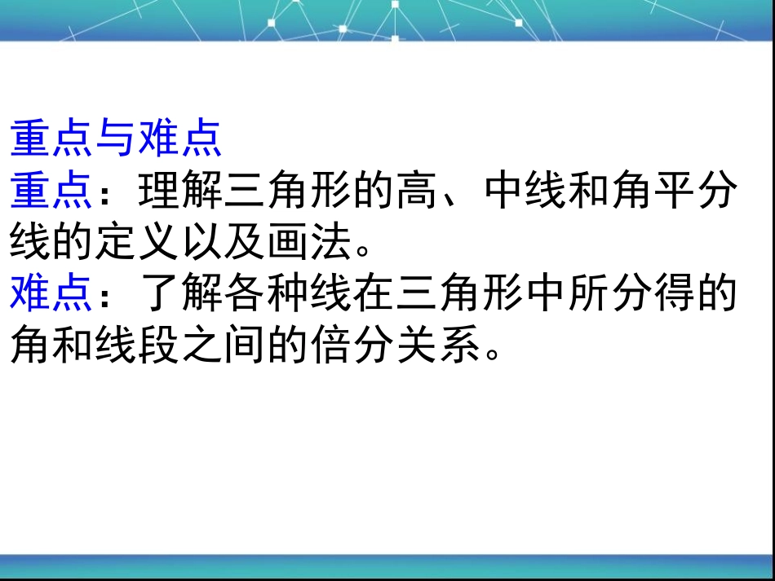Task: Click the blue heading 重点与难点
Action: pyautogui.click(x=116, y=139)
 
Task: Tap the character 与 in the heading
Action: pyautogui.click(x=116, y=139)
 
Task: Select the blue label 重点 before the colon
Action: pyautogui.click(x=51, y=190)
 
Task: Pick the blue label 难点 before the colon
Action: pyautogui.click(x=51, y=293)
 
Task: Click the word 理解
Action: pyautogui.click(x=181, y=190)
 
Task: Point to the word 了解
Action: pyautogui.click(x=181, y=293)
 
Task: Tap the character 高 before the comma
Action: pyautogui.click(x=417, y=190)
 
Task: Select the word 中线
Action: pyautogui.click(x=525, y=190)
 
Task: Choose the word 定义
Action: pyautogui.click(x=137, y=241)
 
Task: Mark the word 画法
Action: pyautogui.click(x=309, y=241)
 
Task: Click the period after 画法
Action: pyautogui.click(x=363, y=250)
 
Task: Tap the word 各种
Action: pyautogui.click(x=267, y=293)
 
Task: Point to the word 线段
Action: pyautogui.click(x=137, y=344)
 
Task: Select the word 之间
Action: pyautogui.click(x=224, y=344)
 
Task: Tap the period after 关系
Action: pyautogui.click(x=492, y=352)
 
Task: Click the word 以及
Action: pyautogui.click(x=224, y=241)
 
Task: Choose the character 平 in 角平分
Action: pyautogui.click(x=675, y=190)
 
